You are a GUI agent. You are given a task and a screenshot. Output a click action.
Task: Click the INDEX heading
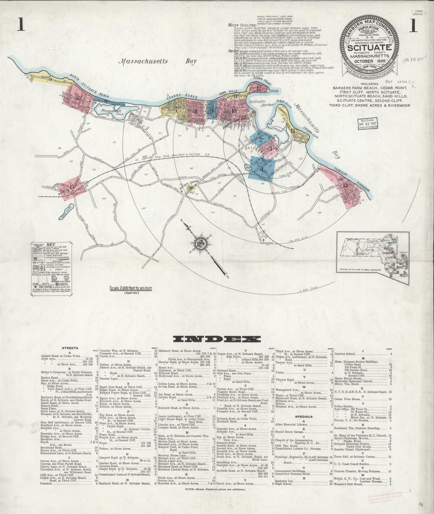(217, 339)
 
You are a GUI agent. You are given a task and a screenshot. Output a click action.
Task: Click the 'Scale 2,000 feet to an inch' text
(130, 288)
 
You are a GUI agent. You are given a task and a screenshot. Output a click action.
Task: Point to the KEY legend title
(51, 245)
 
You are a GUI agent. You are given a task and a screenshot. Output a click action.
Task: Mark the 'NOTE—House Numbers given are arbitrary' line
(216, 490)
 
